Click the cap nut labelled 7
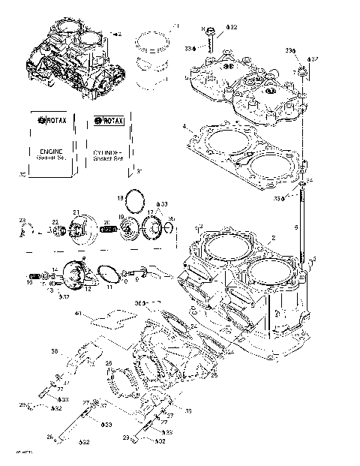tap(302, 71)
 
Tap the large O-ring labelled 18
tap(136, 201)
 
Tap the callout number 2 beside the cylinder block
tap(274, 237)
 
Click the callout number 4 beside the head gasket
tap(184, 126)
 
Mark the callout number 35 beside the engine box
tap(22, 173)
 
